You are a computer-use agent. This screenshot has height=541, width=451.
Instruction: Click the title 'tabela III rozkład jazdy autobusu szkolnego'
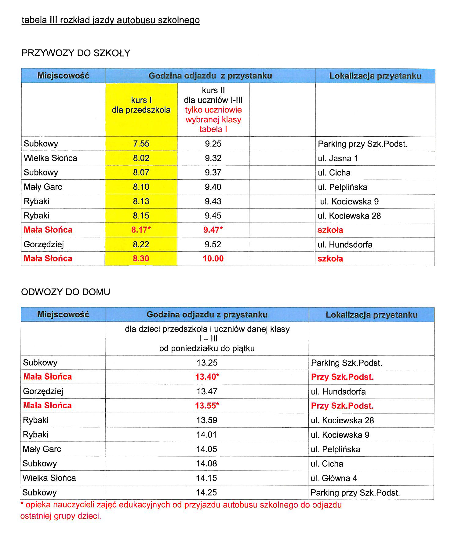click(x=111, y=20)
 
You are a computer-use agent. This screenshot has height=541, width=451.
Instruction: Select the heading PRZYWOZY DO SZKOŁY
click(x=76, y=53)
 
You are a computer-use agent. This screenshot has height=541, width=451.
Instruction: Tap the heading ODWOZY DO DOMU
click(x=65, y=292)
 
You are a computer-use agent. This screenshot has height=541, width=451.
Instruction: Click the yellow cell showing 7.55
click(x=141, y=144)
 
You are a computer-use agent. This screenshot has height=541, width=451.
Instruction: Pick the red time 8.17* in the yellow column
click(x=141, y=230)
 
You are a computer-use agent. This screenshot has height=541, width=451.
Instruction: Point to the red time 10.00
click(x=213, y=259)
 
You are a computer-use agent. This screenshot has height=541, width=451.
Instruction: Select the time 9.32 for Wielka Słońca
click(x=213, y=158)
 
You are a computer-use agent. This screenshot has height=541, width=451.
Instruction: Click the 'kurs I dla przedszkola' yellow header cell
click(x=141, y=105)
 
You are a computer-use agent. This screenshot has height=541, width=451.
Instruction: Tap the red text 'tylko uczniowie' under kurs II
click(x=213, y=110)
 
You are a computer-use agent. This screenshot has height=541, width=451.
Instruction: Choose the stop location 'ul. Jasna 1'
click(x=338, y=158)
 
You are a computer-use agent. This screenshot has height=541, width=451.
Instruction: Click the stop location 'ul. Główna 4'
click(x=334, y=478)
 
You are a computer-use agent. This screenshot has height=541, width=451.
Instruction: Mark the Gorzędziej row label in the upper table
click(x=44, y=244)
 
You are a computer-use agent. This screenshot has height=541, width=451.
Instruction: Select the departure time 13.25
click(x=207, y=363)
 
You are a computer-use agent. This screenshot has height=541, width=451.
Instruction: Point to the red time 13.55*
click(x=207, y=406)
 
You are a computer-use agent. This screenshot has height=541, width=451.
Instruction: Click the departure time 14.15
click(x=206, y=478)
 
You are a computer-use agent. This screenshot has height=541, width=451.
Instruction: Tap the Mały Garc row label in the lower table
click(x=42, y=449)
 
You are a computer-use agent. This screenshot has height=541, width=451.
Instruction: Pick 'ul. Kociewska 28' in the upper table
click(x=349, y=216)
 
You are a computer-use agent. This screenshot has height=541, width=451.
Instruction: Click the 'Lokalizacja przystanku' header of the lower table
click(x=371, y=315)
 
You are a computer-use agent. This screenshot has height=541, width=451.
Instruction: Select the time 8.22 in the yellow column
click(x=141, y=244)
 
